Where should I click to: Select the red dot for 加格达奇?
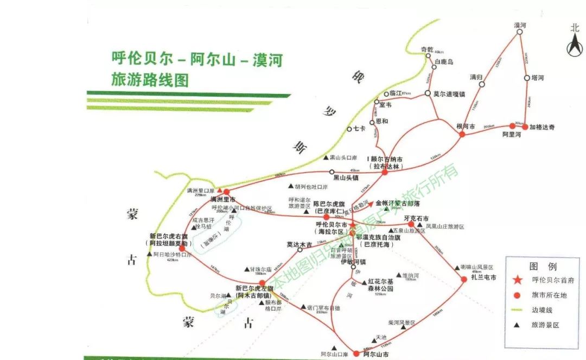click(x=525, y=127)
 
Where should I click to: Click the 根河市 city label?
click(x=466, y=127)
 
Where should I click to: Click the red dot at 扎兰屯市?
click(x=464, y=279)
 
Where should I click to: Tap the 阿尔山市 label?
click(x=375, y=355)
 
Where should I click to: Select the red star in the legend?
click(x=517, y=280)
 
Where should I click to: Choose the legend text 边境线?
click(x=543, y=310)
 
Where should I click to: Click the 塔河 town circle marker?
click(x=527, y=78)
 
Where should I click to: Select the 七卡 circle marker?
click(x=350, y=129)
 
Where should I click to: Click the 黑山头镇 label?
click(x=346, y=177)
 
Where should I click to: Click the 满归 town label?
click(x=476, y=77)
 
